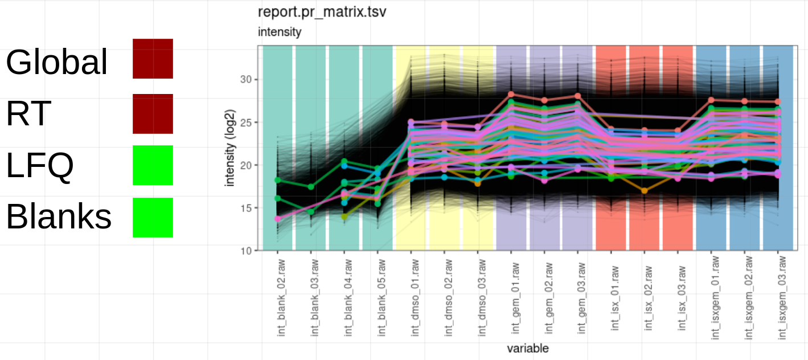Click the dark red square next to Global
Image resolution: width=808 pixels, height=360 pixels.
153,59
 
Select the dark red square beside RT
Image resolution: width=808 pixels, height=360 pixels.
153,114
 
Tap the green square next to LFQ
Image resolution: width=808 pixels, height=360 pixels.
153,165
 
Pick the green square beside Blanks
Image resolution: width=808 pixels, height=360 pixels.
153,218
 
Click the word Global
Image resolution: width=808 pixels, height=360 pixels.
56,62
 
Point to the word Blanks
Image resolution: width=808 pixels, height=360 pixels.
59,217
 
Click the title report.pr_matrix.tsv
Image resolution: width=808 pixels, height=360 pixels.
322,12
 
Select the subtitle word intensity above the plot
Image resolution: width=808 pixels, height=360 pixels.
280,32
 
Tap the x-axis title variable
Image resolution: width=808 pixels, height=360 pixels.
528,348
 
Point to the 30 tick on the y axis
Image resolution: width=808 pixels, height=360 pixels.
245,79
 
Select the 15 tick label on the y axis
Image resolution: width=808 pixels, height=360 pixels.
245,208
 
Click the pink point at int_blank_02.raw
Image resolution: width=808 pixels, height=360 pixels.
277,219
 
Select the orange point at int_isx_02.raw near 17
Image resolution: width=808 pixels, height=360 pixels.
645,191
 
